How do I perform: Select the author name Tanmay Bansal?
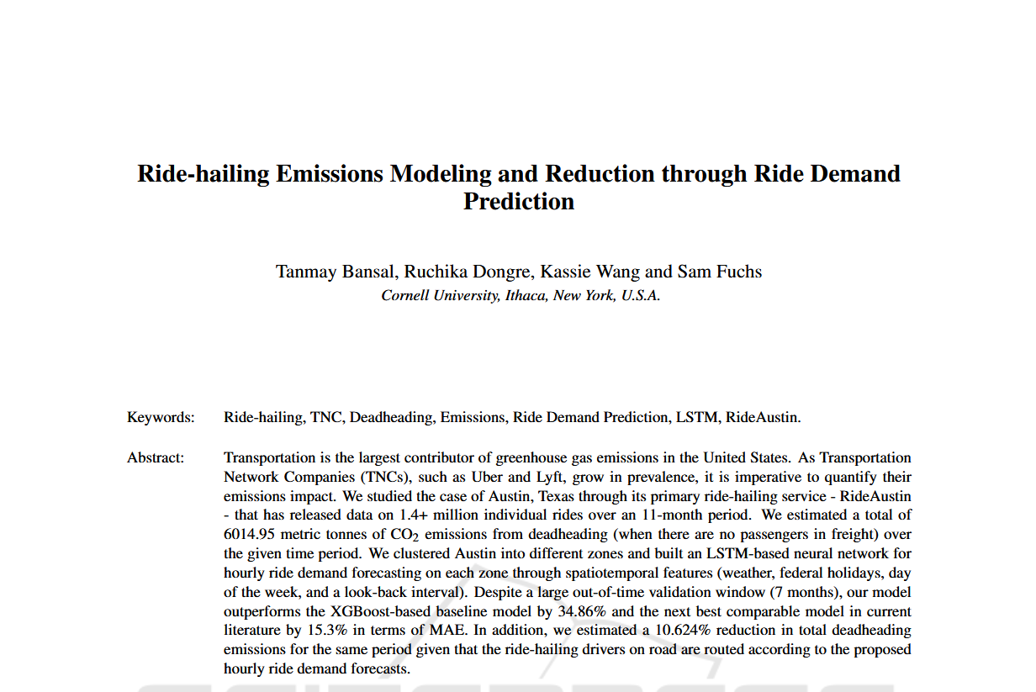pyautogui.click(x=336, y=272)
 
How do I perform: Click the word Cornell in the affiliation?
pyautogui.click(x=407, y=296)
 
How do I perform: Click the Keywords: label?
pyautogui.click(x=161, y=417)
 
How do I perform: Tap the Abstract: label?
pyautogui.click(x=156, y=458)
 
